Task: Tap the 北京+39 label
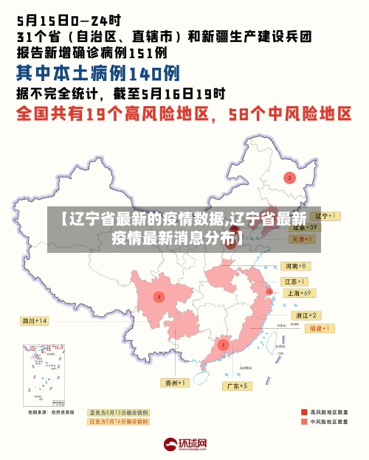tap(304, 228)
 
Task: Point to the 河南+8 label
tap(294, 265)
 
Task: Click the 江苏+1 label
tap(294, 282)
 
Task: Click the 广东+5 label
tap(237, 386)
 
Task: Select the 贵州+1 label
tap(176, 383)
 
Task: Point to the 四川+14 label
tap(34, 321)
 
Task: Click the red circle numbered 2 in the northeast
tap(290, 178)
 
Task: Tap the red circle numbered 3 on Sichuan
tap(158, 296)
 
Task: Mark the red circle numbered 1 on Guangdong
tap(223, 344)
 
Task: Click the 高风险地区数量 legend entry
tap(324, 411)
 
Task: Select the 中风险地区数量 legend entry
tap(324, 423)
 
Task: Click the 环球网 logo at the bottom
tap(185, 445)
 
